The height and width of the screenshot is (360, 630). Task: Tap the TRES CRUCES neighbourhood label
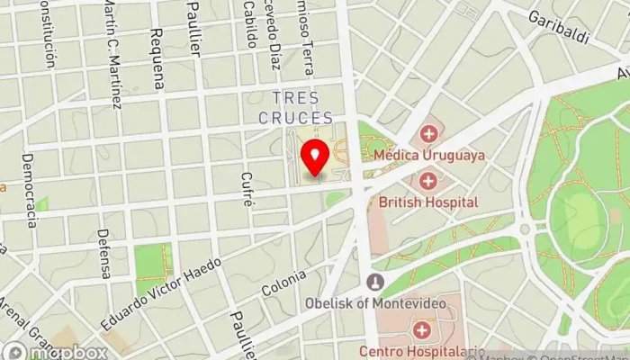click(302, 107)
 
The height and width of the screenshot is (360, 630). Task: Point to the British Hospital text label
click(428, 202)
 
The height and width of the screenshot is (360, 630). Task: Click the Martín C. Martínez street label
click(112, 54)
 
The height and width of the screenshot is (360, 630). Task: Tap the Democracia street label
click(29, 189)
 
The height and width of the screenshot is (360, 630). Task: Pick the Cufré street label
click(247, 190)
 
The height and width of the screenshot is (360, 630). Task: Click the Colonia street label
click(284, 283)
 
